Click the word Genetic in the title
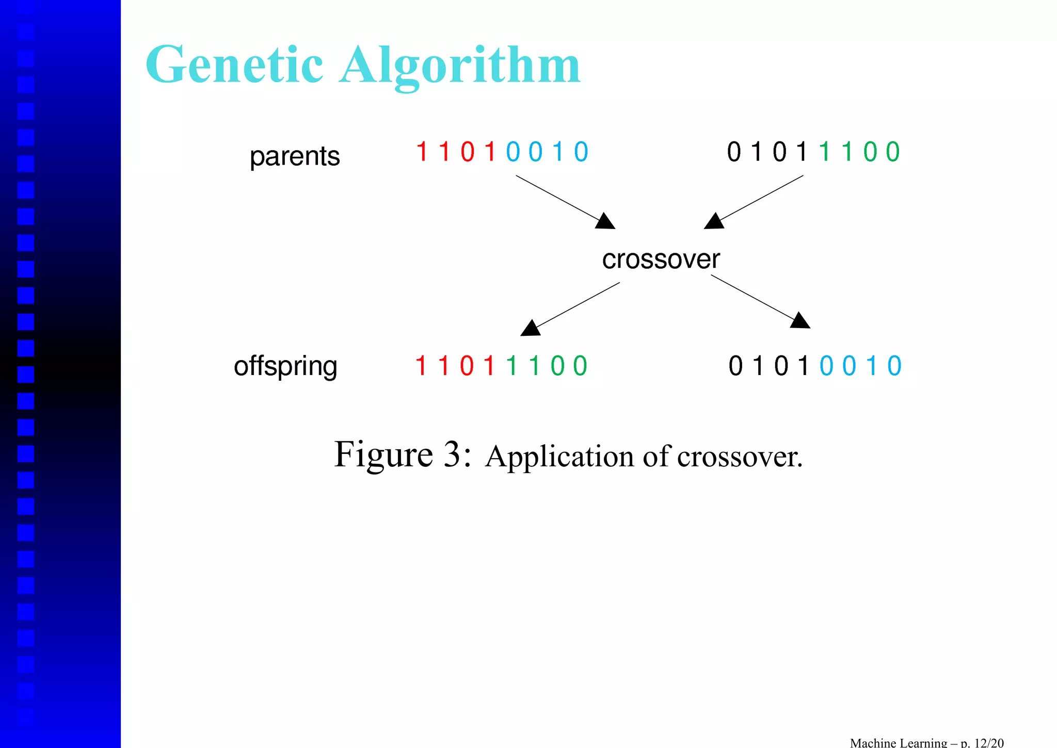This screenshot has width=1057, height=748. (x=235, y=66)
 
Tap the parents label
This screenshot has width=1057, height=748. (x=295, y=156)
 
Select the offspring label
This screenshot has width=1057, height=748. (x=285, y=366)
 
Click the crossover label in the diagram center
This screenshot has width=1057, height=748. (x=661, y=259)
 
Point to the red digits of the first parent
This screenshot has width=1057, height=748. (x=456, y=152)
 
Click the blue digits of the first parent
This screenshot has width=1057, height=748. (x=547, y=152)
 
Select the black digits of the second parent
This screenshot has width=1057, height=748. (x=767, y=152)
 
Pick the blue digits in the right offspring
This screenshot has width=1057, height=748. (x=860, y=366)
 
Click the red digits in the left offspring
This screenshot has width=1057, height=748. (x=455, y=366)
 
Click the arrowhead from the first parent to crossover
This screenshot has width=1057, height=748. (x=606, y=222)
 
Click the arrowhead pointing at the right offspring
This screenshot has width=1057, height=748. (x=800, y=321)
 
